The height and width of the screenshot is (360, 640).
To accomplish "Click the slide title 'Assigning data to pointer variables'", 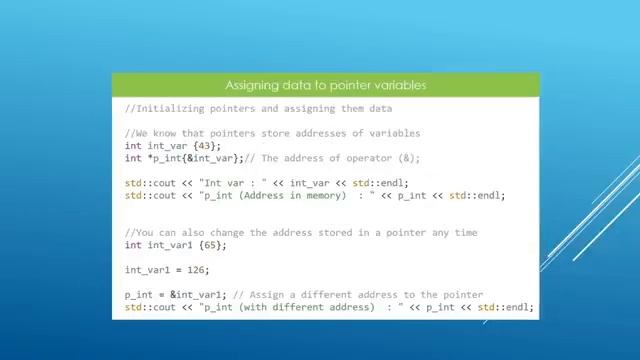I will [x=325, y=85].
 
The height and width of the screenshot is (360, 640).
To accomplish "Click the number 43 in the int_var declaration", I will [x=201, y=146].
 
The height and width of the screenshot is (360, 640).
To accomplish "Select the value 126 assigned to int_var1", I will [x=198, y=270].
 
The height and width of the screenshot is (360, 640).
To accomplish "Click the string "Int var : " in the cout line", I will [x=233, y=183].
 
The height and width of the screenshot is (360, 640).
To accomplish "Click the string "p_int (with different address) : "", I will [x=302, y=307].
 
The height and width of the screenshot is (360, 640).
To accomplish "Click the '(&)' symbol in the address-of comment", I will [x=408, y=158].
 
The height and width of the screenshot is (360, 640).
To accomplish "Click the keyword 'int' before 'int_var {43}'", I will [x=133, y=146].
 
